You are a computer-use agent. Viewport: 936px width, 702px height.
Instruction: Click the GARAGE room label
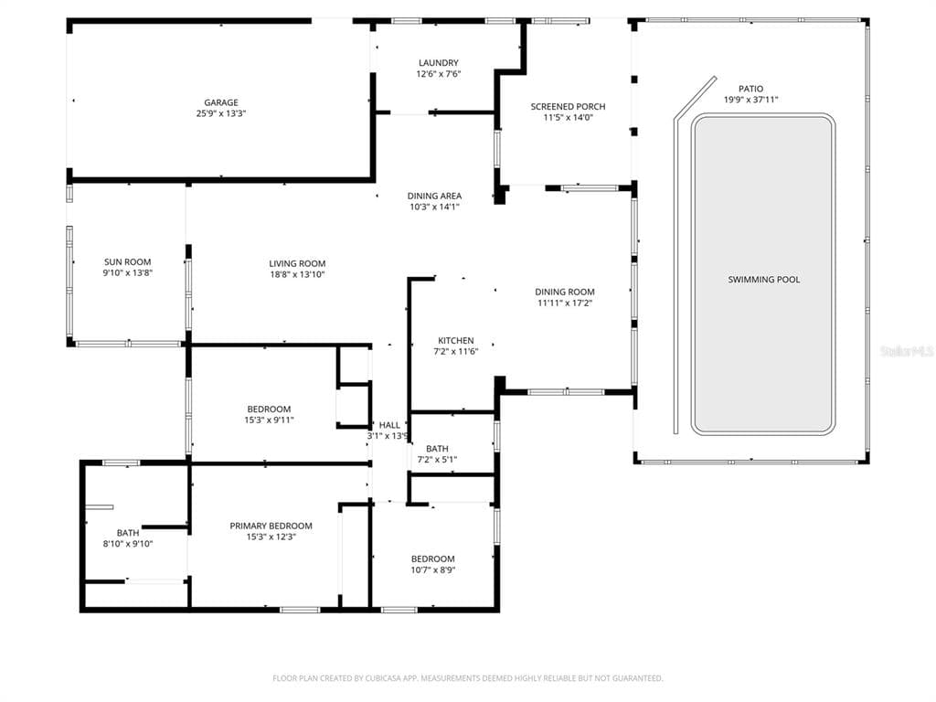[221, 102]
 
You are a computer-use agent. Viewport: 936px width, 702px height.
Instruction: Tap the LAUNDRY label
[439, 63]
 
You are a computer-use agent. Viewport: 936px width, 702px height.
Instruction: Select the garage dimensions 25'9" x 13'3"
[221, 113]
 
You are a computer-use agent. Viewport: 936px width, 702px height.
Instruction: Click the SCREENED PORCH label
[569, 106]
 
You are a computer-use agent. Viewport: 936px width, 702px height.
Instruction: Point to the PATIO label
[751, 89]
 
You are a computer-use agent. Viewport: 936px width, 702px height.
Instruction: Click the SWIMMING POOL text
[764, 280]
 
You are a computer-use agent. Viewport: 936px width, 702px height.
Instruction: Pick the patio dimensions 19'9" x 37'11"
[751, 100]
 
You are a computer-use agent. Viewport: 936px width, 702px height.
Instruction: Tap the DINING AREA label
[434, 196]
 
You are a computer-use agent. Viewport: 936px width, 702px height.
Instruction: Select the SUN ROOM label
[128, 262]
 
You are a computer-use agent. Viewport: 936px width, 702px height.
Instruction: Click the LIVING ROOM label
[297, 264]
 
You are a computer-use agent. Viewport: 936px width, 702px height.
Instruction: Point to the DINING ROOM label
[565, 292]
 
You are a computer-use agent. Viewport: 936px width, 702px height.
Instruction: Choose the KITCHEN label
[456, 341]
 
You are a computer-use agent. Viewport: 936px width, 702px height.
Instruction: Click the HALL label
[389, 425]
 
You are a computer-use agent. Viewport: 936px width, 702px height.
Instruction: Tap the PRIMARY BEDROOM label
[271, 526]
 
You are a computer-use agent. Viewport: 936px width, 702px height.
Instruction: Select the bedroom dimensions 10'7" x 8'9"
[432, 570]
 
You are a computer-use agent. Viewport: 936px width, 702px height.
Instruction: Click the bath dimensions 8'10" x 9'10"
[128, 544]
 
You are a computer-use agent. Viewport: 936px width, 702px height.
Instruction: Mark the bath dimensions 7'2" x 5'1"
[437, 460]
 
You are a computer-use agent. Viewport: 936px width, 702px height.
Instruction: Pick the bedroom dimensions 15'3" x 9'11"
[270, 420]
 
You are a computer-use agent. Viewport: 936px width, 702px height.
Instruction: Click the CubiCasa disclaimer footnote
[468, 678]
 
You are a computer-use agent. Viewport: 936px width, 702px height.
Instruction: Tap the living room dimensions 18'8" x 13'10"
[297, 274]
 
